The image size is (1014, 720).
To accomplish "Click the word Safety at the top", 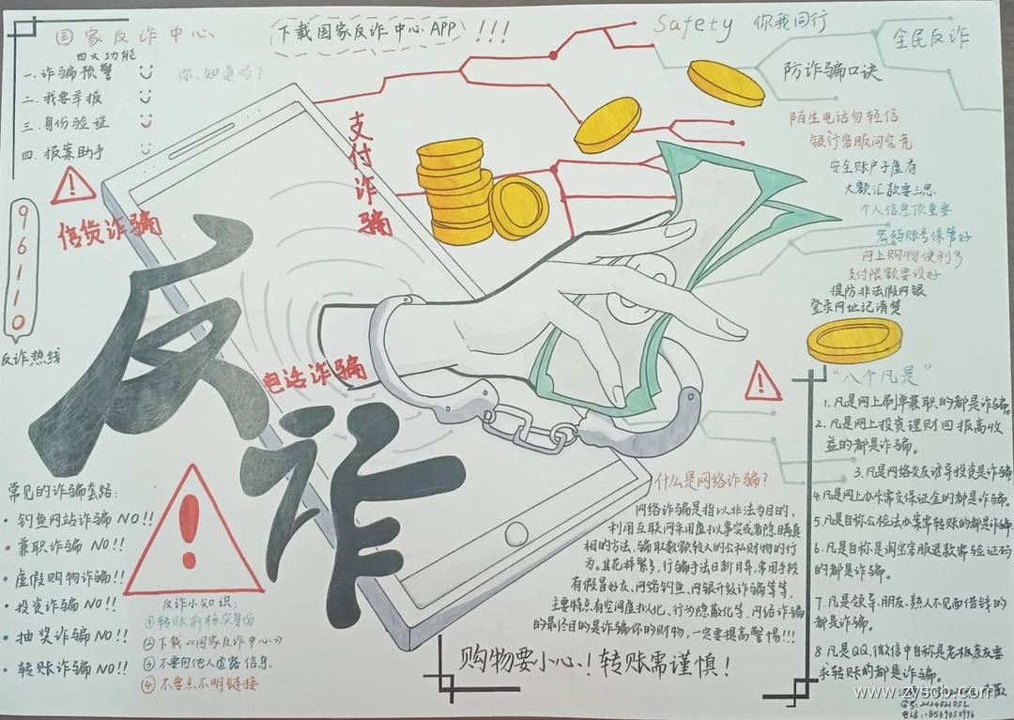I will (693, 27).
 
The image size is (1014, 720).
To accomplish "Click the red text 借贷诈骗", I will (110, 227).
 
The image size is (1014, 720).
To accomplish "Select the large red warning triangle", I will (192, 533).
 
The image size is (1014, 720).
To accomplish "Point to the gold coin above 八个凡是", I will (853, 340).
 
